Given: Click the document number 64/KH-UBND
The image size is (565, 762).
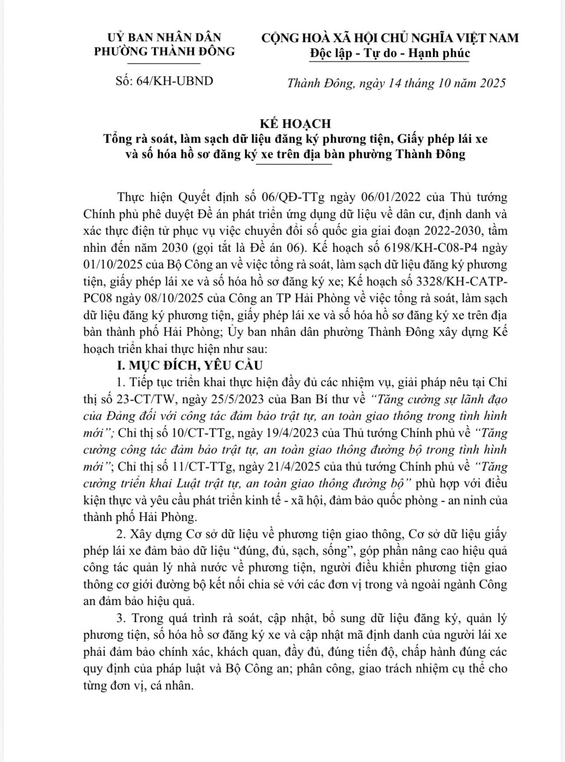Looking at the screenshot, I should pos(175,81).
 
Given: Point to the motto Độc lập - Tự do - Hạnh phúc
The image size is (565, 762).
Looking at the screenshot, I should pos(389,53).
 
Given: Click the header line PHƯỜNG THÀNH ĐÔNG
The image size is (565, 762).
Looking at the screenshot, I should pos(165,51).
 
